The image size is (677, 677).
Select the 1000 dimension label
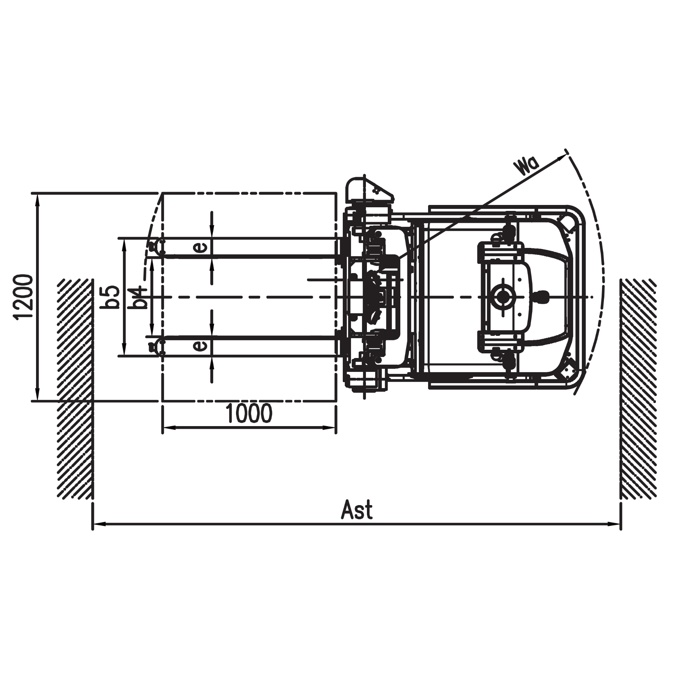tap(249, 414)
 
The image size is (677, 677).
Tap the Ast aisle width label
tap(357, 510)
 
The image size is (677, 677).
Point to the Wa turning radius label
tap(526, 166)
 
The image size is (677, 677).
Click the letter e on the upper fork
tap(200, 247)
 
